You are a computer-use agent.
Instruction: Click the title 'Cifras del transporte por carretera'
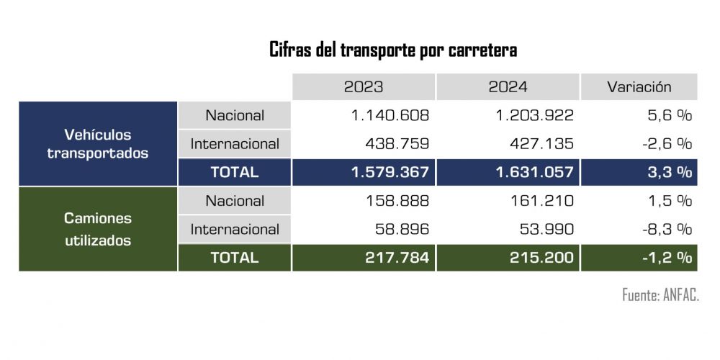pyautogui.click(x=393, y=51)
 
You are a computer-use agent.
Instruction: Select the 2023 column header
pyautogui.click(x=364, y=87)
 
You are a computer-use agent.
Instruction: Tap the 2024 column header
pyautogui.click(x=508, y=87)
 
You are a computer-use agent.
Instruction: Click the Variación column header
pyautogui.click(x=639, y=87)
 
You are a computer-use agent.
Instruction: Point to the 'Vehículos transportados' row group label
pyautogui.click(x=98, y=144)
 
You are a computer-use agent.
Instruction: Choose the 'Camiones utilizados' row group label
pyautogui.click(x=98, y=229)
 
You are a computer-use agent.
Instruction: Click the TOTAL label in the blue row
pyautogui.click(x=234, y=173)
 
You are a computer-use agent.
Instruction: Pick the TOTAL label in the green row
pyautogui.click(x=234, y=258)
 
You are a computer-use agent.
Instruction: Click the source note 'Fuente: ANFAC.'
pyautogui.click(x=660, y=295)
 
